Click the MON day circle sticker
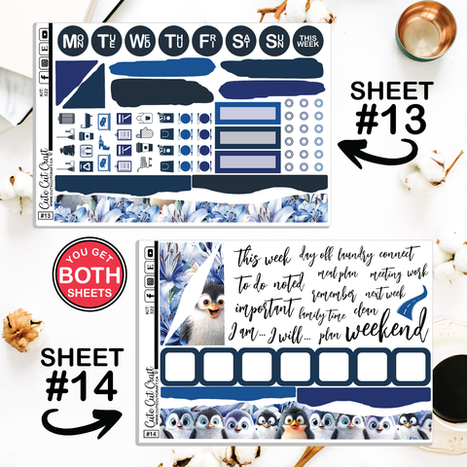(72, 41)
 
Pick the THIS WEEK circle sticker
(308, 41)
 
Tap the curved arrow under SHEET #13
(375, 155)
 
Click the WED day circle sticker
(141, 41)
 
